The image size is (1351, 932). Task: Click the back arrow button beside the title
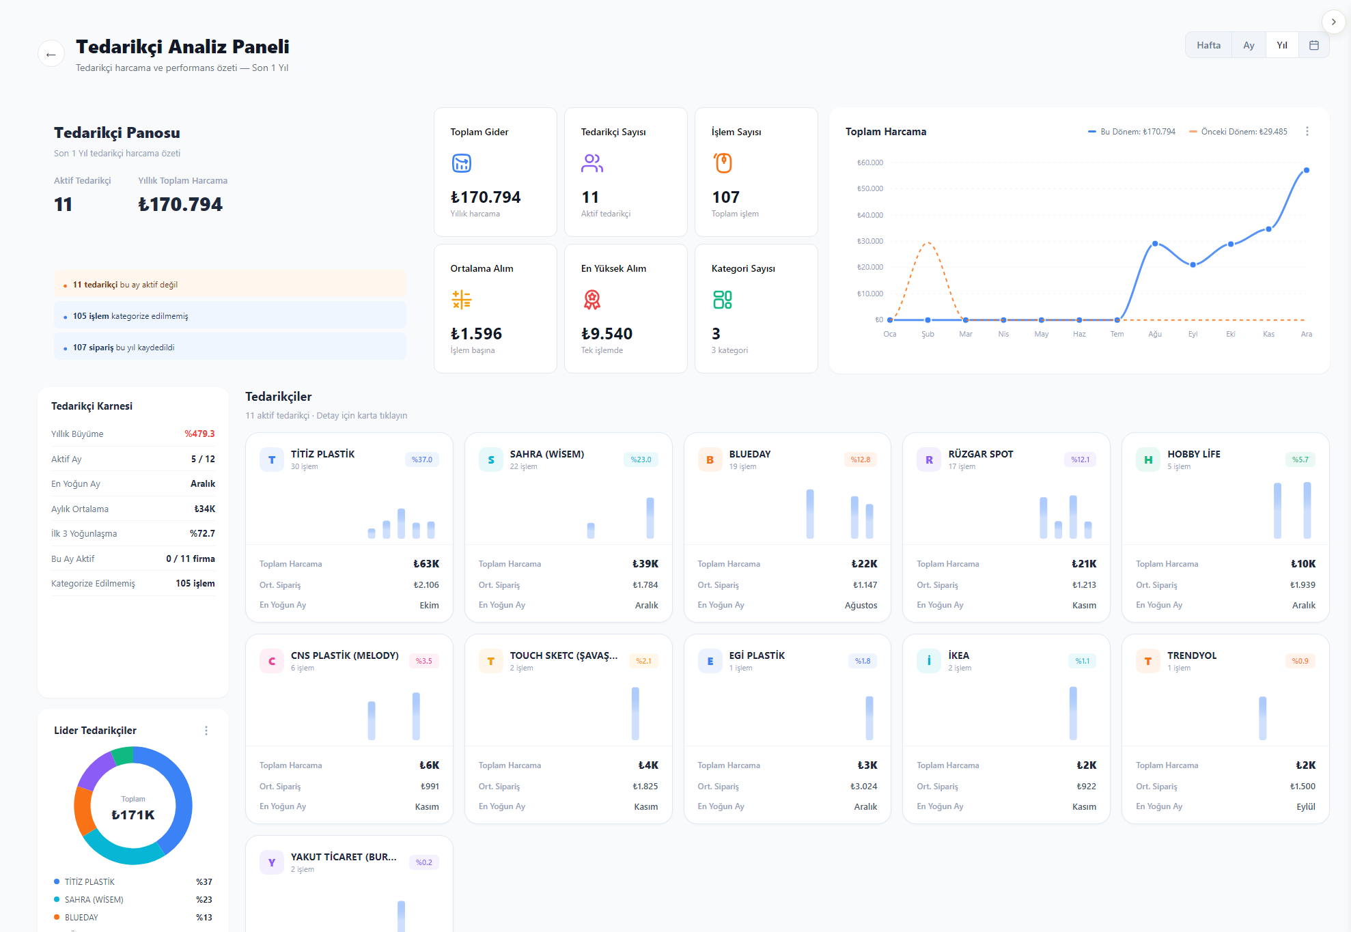[51, 54]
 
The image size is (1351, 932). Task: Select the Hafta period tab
[1208, 45]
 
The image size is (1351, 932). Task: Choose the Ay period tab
[1249, 45]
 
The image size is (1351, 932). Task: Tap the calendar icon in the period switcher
[1313, 45]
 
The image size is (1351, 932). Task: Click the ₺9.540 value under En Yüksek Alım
[607, 334]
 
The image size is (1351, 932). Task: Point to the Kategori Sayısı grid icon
[722, 300]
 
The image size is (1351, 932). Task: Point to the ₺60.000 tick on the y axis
[870, 163]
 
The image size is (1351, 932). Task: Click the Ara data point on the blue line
[1306, 171]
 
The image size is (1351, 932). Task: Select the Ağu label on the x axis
[1155, 334]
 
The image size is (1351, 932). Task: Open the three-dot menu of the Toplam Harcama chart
[1307, 131]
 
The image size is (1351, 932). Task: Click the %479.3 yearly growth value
[199, 434]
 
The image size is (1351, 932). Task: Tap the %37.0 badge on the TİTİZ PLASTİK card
[422, 460]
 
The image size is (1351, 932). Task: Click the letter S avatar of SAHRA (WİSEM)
[490, 460]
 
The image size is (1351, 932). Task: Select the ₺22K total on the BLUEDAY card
[864, 564]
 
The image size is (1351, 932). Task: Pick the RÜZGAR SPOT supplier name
[980, 454]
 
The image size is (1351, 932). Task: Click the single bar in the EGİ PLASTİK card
[869, 718]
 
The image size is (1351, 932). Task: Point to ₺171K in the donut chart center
[133, 815]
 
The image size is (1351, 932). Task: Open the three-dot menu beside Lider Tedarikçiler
[206, 731]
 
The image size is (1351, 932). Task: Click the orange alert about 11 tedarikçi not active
[230, 285]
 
